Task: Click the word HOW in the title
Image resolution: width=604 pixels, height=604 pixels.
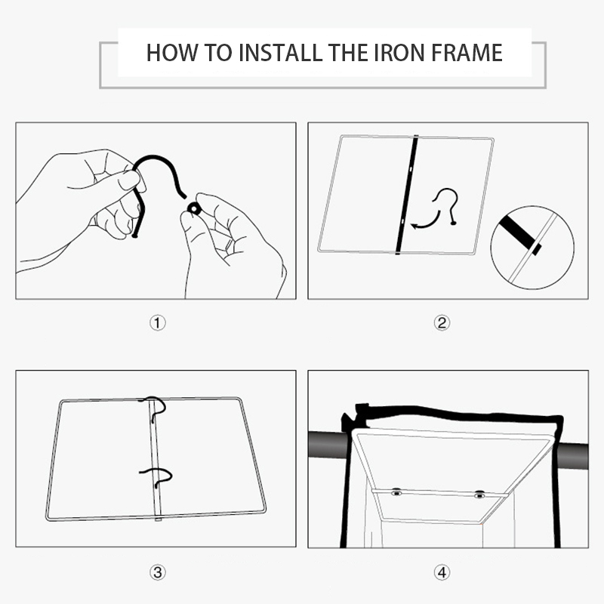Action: [171, 53]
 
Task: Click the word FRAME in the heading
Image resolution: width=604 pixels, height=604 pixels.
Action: [467, 53]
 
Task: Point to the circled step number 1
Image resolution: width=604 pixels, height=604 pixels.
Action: [158, 323]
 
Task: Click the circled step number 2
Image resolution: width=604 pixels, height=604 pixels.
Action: [442, 323]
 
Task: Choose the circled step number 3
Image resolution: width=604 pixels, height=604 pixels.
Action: [158, 572]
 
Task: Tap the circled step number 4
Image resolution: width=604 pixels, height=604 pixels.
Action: [442, 572]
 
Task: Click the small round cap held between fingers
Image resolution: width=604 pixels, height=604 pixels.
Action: [194, 209]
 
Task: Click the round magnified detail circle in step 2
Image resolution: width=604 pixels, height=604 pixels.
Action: [532, 248]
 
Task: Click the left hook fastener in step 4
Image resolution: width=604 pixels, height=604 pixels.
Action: [396, 492]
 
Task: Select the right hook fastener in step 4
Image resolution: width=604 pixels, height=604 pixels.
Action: [479, 495]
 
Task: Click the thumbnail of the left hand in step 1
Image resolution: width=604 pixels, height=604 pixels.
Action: [129, 180]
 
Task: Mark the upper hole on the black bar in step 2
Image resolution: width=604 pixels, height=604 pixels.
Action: [411, 168]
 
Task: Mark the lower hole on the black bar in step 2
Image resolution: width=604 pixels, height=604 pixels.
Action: [402, 221]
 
